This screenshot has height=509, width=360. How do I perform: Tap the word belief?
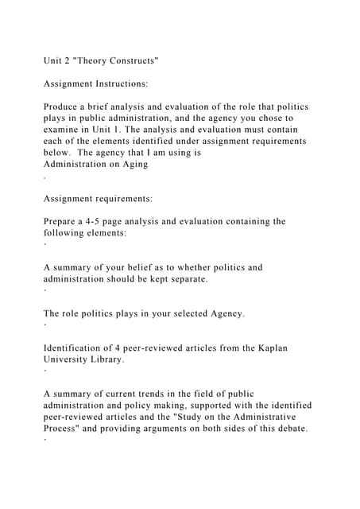[x=165, y=268]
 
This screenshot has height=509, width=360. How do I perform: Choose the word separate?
[x=188, y=279]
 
